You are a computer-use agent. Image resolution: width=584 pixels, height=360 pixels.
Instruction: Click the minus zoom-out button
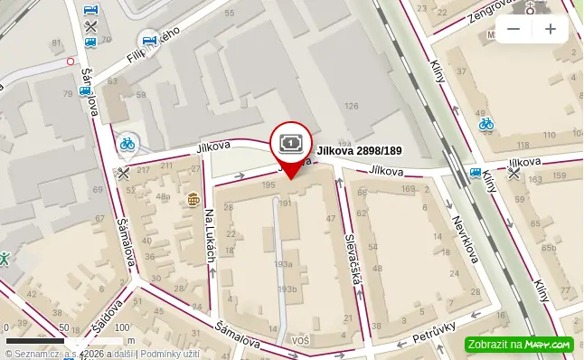tap(513, 29)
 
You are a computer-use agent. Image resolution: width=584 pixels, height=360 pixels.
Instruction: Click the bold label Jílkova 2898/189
tap(359, 151)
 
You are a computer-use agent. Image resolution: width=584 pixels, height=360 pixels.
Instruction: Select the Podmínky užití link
tap(170, 354)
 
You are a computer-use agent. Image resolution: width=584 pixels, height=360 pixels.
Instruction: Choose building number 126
tap(351, 106)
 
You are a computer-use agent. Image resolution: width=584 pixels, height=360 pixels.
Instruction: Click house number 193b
tap(287, 289)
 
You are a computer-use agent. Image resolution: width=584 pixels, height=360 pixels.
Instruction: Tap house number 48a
tap(163, 196)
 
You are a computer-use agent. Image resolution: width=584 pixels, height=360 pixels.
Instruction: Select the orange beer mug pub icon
tap(193, 199)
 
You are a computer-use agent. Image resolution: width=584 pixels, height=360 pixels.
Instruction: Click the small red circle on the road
tap(71, 62)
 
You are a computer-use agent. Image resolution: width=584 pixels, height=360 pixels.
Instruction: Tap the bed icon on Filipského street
tap(149, 40)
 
